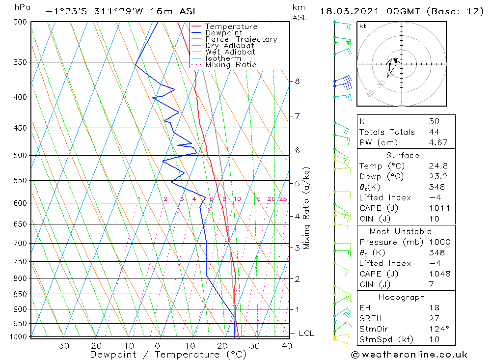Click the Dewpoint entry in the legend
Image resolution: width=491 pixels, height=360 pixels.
223,33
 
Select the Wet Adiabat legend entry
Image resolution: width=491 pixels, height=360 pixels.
230,52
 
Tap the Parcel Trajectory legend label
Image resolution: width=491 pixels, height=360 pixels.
241,39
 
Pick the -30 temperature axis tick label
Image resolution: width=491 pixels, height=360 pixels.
60,346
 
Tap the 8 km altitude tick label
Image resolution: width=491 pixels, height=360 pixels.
297,81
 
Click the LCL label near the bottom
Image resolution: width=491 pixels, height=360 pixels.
306,333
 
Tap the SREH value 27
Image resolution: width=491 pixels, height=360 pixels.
434,318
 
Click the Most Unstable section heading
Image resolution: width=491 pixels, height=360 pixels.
400,231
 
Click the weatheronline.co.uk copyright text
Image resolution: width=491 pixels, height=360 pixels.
409,355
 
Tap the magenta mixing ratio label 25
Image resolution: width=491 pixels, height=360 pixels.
283,199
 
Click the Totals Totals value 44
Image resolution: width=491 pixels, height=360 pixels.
434,132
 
